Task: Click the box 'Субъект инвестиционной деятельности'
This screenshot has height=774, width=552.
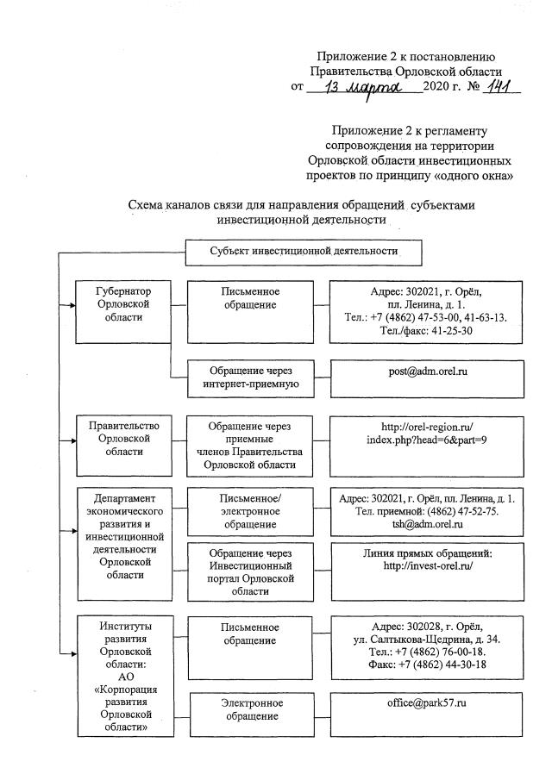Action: [304, 252]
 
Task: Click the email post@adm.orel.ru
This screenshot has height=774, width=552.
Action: [428, 371]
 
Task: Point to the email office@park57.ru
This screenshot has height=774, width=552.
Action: [428, 703]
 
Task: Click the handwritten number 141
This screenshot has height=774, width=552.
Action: [498, 88]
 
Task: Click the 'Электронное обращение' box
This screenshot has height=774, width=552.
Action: [249, 709]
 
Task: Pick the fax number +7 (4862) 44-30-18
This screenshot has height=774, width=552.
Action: [428, 664]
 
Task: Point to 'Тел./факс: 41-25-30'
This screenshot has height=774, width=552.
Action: [428, 331]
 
